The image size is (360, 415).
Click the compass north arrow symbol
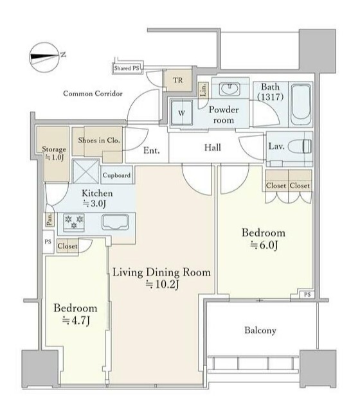pyautogui.click(x=44, y=57)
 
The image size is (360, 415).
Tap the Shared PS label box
pyautogui.click(x=127, y=68)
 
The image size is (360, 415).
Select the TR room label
pyautogui.click(x=177, y=80)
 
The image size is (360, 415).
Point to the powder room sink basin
pyautogui.click(x=230, y=89)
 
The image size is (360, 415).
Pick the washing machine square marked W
pyautogui.click(x=181, y=113)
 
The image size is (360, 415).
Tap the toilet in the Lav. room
pyautogui.click(x=300, y=146)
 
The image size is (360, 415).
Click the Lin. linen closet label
pyautogui.click(x=203, y=90)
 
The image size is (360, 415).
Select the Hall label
pyautogui.click(x=212, y=147)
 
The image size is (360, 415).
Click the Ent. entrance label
pyautogui.click(x=152, y=150)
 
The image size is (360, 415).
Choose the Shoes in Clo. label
pyautogui.click(x=99, y=140)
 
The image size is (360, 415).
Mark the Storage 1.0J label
pyautogui.click(x=54, y=153)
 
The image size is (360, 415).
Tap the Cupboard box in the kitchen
pyautogui.click(x=116, y=175)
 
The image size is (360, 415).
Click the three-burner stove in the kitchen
pyautogui.click(x=74, y=222)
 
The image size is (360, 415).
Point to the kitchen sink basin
pyautogui.click(x=115, y=222)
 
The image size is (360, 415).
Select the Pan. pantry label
pyautogui.click(x=50, y=219)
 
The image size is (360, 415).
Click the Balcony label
pyautogui.click(x=260, y=330)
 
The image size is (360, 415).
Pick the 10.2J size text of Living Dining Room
pyautogui.click(x=163, y=284)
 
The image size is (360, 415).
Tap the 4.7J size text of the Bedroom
pyautogui.click(x=76, y=321)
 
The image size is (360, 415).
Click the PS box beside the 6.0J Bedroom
pyautogui.click(x=307, y=294)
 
